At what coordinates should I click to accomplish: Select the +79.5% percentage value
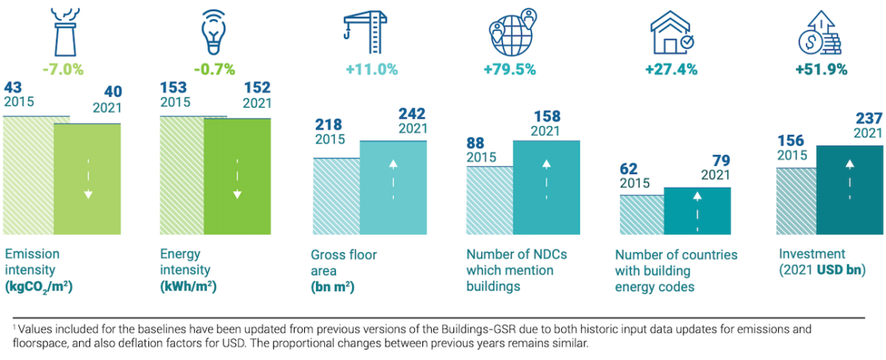509,69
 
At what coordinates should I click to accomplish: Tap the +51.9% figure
821,69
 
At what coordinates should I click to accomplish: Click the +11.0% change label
371,69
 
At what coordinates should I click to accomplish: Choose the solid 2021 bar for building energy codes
697,210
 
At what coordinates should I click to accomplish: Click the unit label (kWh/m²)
189,286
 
